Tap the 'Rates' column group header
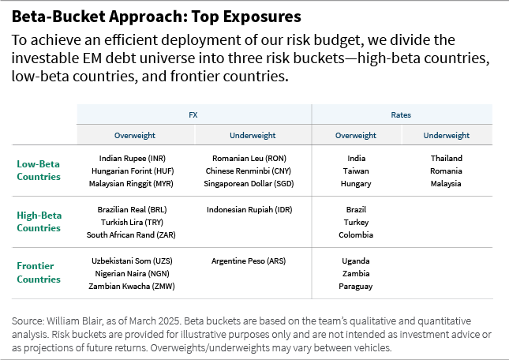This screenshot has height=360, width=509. [402, 114]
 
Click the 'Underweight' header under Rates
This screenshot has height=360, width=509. [446, 135]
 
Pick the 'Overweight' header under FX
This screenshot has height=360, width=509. [134, 135]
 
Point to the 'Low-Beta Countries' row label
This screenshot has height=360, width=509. [39, 171]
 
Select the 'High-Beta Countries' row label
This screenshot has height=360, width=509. [39, 222]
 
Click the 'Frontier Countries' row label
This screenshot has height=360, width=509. [39, 273]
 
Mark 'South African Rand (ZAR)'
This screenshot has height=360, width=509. [130, 234]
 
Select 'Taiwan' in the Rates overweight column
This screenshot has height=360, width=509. [356, 171]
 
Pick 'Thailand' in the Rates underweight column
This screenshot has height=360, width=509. [446, 158]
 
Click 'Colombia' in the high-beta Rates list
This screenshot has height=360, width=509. [356, 234]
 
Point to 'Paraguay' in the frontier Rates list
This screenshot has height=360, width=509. [356, 286]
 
